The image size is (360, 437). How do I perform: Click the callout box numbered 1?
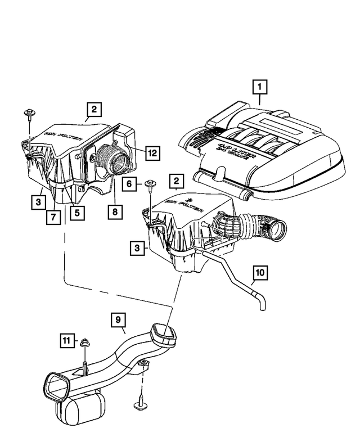pos(260,87)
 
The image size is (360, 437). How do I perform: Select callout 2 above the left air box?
pos(94,109)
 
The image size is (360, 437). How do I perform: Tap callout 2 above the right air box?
pos(177,181)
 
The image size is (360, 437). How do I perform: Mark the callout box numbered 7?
pos(53,217)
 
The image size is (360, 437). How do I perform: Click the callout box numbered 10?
pos(259,273)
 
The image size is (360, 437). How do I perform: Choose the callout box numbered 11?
pos(67,340)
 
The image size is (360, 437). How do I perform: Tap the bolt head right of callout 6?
pos(150,184)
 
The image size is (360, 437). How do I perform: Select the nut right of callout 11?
pos(85,341)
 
